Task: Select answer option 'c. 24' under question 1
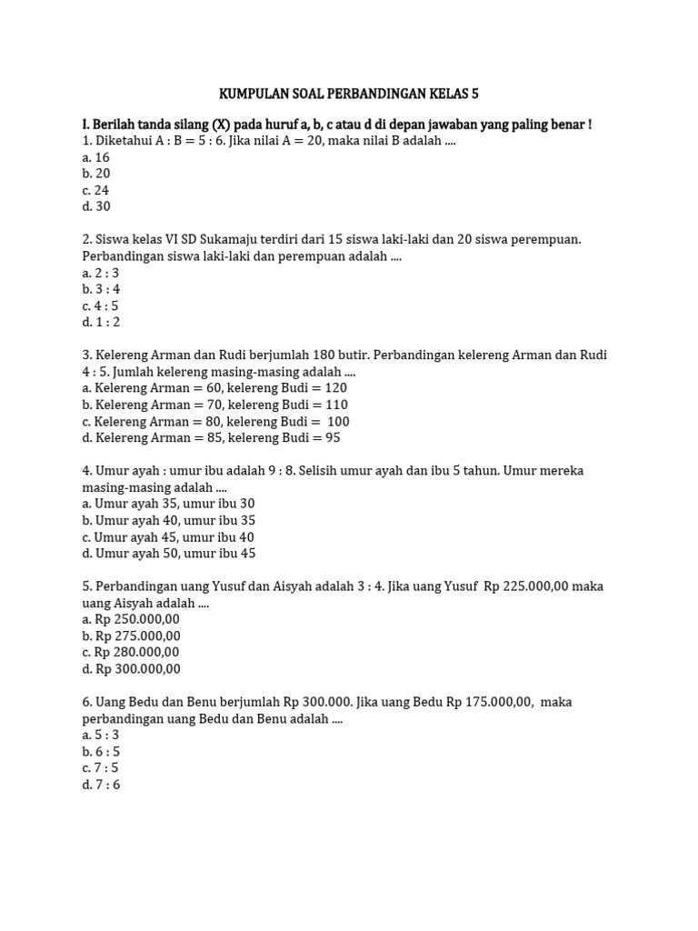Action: (x=95, y=190)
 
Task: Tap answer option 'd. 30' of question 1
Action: (x=95, y=206)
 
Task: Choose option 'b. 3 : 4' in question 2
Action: (x=101, y=289)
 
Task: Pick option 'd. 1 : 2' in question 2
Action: (x=101, y=322)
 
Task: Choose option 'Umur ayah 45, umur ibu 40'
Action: (x=168, y=536)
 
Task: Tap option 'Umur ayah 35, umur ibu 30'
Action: (x=168, y=503)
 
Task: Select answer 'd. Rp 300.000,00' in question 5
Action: (x=131, y=668)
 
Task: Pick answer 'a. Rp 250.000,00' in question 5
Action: (x=131, y=619)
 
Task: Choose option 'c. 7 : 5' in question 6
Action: (x=101, y=767)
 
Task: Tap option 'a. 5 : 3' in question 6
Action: (x=101, y=735)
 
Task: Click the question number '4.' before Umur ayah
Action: (x=86, y=470)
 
